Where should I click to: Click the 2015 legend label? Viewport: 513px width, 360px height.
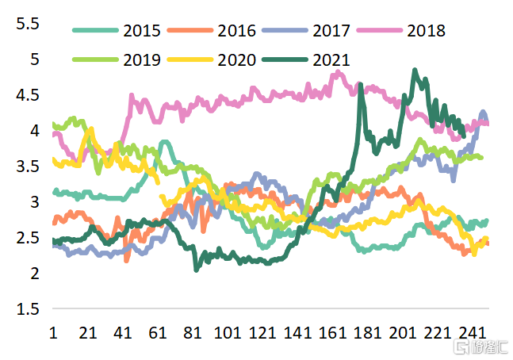pos(142,31)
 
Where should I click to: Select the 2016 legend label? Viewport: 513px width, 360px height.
pos(236,31)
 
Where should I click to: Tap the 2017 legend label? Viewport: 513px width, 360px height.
pos(331,31)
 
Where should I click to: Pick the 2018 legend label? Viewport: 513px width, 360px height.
pos(426,31)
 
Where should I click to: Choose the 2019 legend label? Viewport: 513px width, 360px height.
pos(142,59)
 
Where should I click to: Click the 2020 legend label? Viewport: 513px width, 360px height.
pos(236,59)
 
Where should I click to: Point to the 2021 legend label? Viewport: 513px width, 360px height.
pos(331,59)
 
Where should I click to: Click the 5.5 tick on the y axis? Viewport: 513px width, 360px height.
pos(27,24)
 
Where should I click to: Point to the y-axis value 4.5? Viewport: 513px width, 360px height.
pos(27,95)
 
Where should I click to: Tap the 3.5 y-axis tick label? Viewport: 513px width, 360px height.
pos(27,167)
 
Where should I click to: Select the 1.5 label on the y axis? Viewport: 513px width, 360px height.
pos(27,309)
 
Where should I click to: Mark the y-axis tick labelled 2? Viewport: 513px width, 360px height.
pos(34,274)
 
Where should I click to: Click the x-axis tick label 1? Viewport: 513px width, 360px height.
pos(53,332)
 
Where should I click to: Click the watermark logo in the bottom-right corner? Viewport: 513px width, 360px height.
pos(484,347)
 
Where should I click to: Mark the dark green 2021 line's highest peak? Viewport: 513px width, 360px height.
pos(415,71)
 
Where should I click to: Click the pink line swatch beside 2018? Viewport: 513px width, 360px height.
pos(379,31)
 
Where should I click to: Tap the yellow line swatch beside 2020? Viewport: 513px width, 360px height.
pos(190,59)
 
